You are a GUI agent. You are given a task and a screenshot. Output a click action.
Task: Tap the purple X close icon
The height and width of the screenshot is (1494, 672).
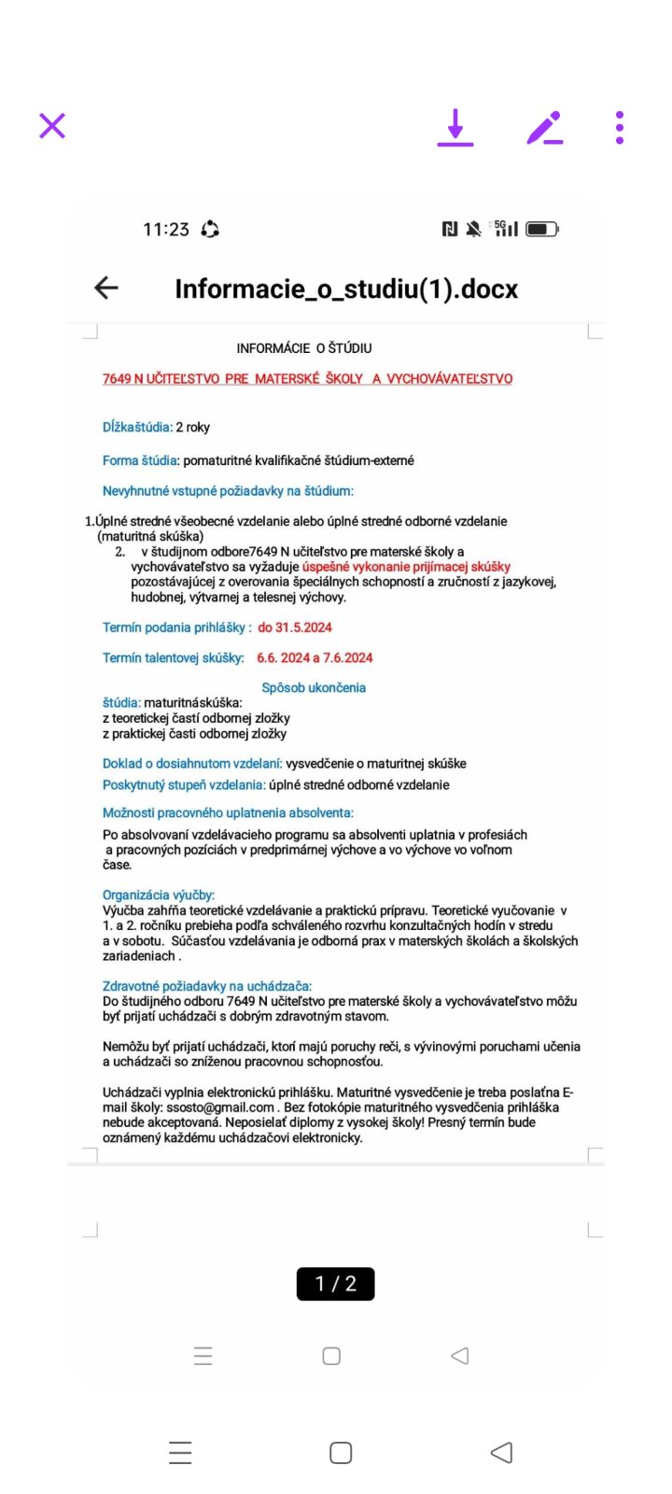(52, 125)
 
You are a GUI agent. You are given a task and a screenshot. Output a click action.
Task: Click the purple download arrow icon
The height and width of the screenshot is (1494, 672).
(455, 127)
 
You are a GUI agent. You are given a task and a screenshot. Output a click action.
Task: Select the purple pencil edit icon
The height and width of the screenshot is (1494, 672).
(545, 127)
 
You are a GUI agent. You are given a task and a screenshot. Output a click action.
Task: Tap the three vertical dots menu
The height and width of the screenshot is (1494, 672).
(620, 127)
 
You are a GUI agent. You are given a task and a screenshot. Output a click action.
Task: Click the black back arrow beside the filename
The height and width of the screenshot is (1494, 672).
(106, 288)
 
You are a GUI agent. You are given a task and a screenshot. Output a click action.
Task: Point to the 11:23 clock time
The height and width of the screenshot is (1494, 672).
(166, 230)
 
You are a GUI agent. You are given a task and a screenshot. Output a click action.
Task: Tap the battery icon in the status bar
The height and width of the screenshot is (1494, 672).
(541, 229)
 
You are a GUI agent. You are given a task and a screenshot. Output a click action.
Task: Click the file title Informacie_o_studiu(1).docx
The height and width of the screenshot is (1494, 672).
(346, 289)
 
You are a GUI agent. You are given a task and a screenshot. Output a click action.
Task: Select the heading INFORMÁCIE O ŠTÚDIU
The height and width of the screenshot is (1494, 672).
(304, 348)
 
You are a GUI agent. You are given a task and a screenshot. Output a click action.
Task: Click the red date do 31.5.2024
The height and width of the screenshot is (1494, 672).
(295, 627)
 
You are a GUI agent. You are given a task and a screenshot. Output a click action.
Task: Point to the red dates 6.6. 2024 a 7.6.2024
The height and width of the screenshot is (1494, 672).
(315, 657)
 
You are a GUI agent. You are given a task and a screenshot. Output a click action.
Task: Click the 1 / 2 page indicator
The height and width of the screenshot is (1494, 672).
(336, 1284)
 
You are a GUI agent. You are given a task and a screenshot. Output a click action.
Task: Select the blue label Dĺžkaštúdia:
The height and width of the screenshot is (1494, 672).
(137, 427)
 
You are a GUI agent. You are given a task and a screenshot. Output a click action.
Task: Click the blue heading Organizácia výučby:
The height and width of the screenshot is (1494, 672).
(159, 895)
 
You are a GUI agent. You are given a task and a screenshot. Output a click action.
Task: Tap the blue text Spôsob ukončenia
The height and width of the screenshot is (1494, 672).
(314, 687)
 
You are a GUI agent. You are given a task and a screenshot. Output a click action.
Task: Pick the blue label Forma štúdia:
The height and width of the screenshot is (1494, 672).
(141, 460)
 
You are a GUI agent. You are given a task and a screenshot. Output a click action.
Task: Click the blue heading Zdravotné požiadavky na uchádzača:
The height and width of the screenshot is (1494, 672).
(207, 986)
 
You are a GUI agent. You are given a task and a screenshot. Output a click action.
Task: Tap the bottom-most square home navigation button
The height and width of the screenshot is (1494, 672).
(341, 1452)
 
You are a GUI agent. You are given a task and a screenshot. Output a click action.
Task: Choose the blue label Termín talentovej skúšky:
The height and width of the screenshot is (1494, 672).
(174, 657)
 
